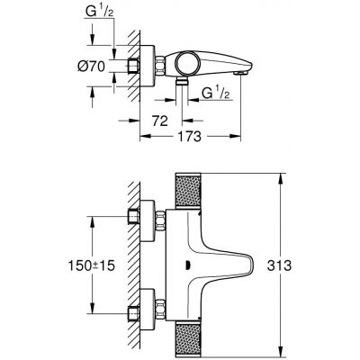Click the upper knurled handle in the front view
[x=195, y=204]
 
